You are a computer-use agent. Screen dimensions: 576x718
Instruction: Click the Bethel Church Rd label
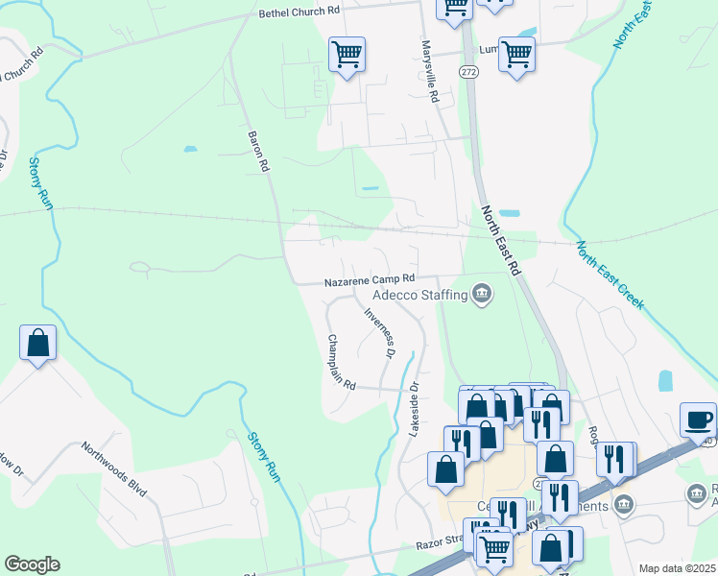pos(299,12)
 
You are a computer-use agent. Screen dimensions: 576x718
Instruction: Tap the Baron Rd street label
pos(258,152)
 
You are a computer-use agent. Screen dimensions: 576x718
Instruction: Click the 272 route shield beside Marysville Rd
pos(467,73)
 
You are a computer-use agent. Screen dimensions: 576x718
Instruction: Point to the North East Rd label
pos(500,241)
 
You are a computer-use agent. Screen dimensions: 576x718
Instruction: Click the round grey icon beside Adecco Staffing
pos(482,294)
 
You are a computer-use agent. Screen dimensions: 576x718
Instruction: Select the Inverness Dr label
pos(380,332)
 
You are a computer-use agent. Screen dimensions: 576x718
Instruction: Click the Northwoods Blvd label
pos(115,469)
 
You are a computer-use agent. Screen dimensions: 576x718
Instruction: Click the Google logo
pos(32,564)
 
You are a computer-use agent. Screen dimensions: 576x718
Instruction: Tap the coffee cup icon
pos(698,420)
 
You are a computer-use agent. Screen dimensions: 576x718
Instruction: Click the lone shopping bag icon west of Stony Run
pos(37,343)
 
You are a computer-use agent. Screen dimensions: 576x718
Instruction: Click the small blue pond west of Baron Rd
pos(190,149)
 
